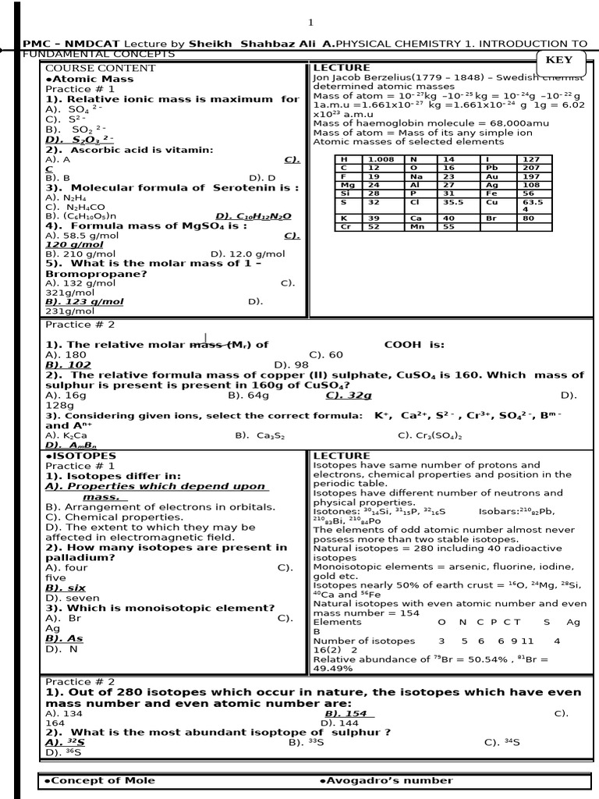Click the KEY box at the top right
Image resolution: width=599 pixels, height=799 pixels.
click(558, 61)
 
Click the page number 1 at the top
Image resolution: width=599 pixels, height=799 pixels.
click(310, 22)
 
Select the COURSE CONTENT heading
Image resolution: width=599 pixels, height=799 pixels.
click(90, 69)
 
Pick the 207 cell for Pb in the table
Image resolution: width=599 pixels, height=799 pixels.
click(532, 168)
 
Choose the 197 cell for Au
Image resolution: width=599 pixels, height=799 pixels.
click(531, 176)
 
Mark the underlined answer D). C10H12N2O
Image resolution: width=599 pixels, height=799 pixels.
click(253, 216)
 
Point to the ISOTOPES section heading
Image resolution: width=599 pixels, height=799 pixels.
click(81, 456)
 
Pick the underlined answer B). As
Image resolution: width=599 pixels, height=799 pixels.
click(64, 638)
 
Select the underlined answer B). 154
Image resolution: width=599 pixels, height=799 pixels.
click(349, 713)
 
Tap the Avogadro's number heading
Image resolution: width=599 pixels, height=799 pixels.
click(386, 780)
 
